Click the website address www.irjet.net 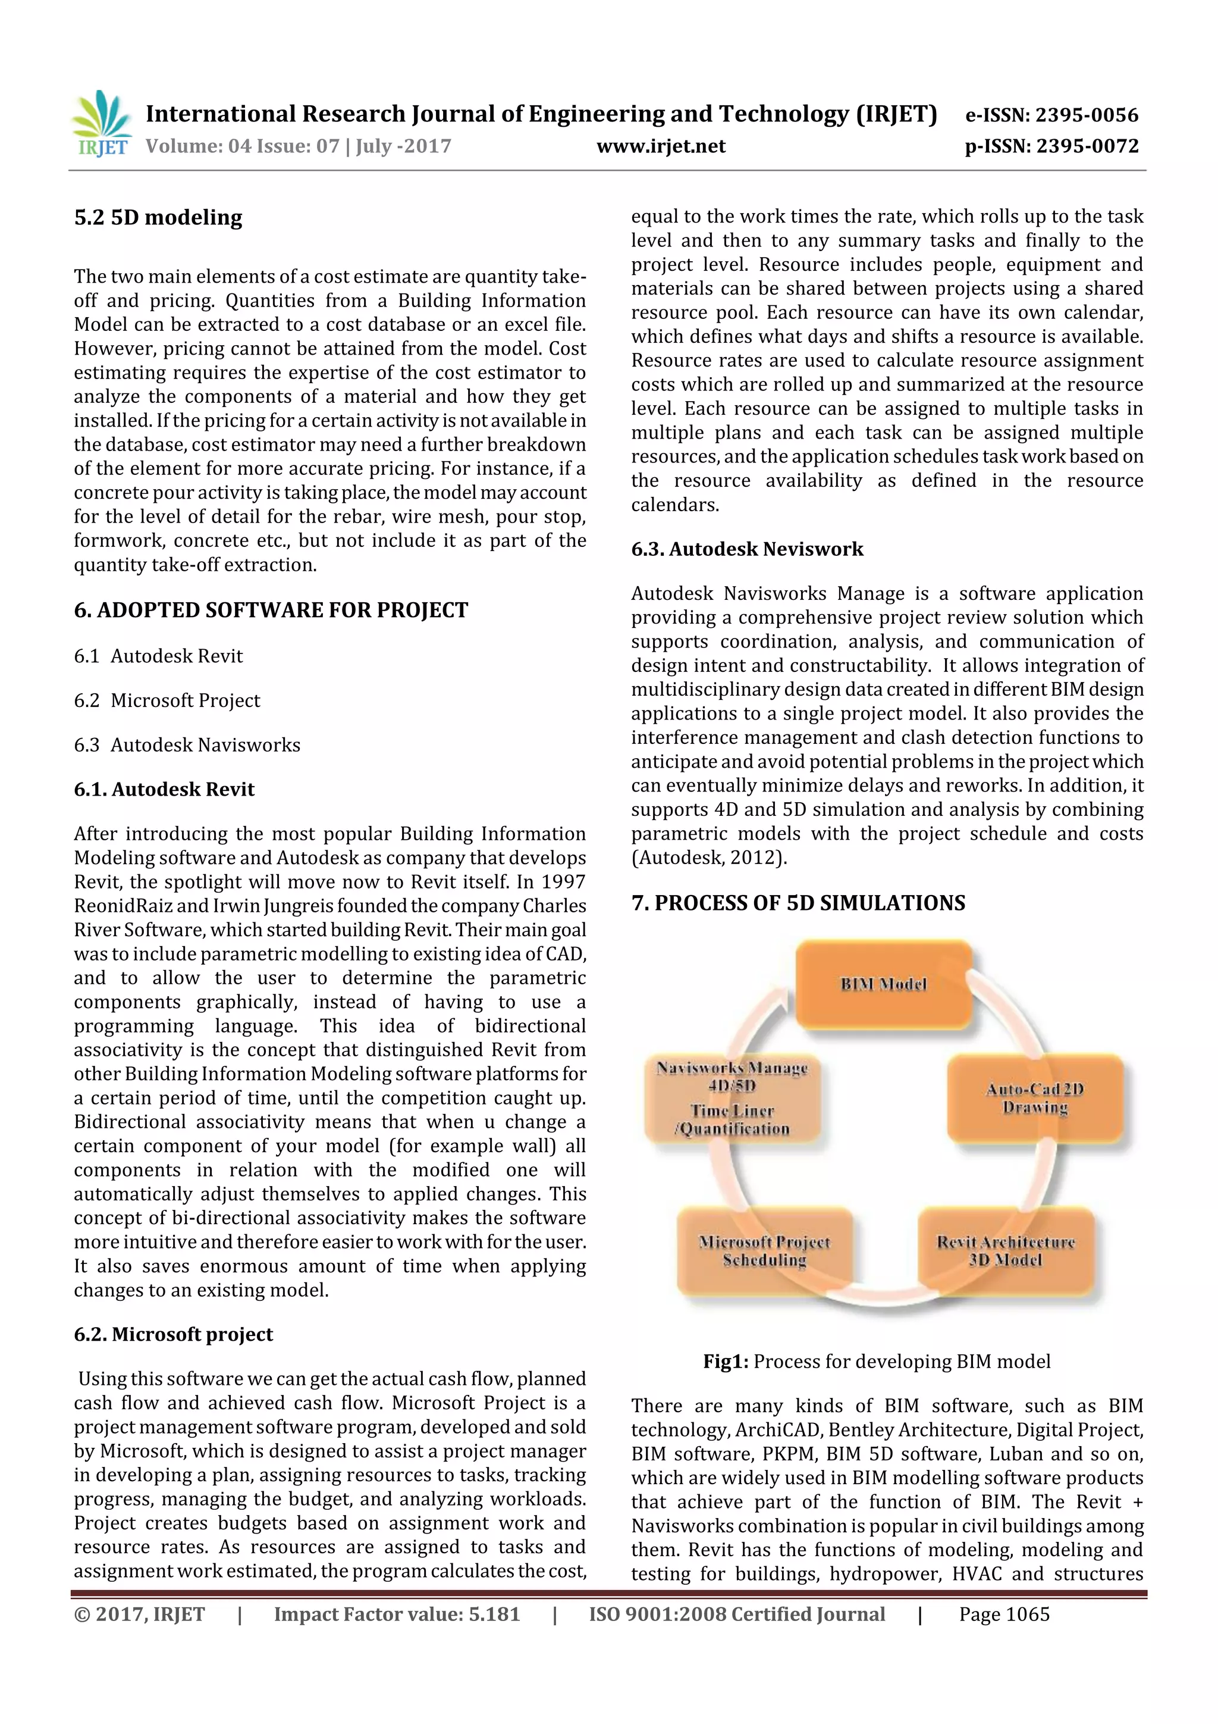(x=660, y=146)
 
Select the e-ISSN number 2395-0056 (x=1087, y=115)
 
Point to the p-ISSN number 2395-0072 (x=1087, y=146)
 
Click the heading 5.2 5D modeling (x=158, y=218)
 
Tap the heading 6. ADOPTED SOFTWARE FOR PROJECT (x=271, y=610)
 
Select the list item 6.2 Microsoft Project (x=167, y=700)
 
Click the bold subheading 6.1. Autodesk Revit (x=164, y=789)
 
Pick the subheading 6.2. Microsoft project (x=172, y=1334)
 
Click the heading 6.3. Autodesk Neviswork (x=747, y=549)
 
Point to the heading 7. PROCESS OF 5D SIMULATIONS (x=798, y=903)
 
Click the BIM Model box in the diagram (x=883, y=984)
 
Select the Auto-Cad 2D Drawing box (x=1034, y=1098)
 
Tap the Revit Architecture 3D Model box (x=1006, y=1251)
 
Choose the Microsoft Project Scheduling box (x=764, y=1251)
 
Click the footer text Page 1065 (x=1004, y=1615)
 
